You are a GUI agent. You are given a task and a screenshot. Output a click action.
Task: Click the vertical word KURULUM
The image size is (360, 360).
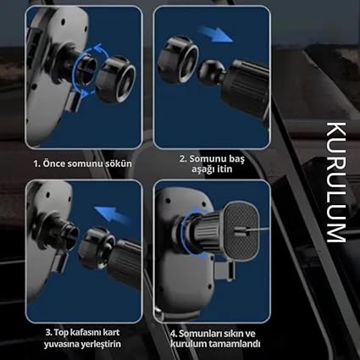click(336, 182)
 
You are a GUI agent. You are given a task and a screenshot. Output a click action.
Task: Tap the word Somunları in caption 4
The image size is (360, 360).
click(197, 334)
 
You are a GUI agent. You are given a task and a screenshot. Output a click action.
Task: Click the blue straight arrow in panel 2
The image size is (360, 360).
click(215, 34)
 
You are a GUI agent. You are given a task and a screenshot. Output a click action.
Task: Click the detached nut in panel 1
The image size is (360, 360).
click(116, 80)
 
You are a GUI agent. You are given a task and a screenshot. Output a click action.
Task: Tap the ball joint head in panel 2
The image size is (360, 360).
click(211, 72)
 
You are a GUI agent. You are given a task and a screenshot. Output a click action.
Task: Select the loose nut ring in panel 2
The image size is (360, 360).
click(178, 59)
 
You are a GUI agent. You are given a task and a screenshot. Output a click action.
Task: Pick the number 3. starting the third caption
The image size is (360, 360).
click(48, 332)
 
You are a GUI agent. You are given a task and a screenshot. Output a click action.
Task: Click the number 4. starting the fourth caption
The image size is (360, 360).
click(174, 334)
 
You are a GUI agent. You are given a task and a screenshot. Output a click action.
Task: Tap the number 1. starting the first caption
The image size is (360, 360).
click(37, 164)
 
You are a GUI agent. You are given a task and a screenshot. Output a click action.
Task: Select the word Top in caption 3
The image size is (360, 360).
click(60, 333)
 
